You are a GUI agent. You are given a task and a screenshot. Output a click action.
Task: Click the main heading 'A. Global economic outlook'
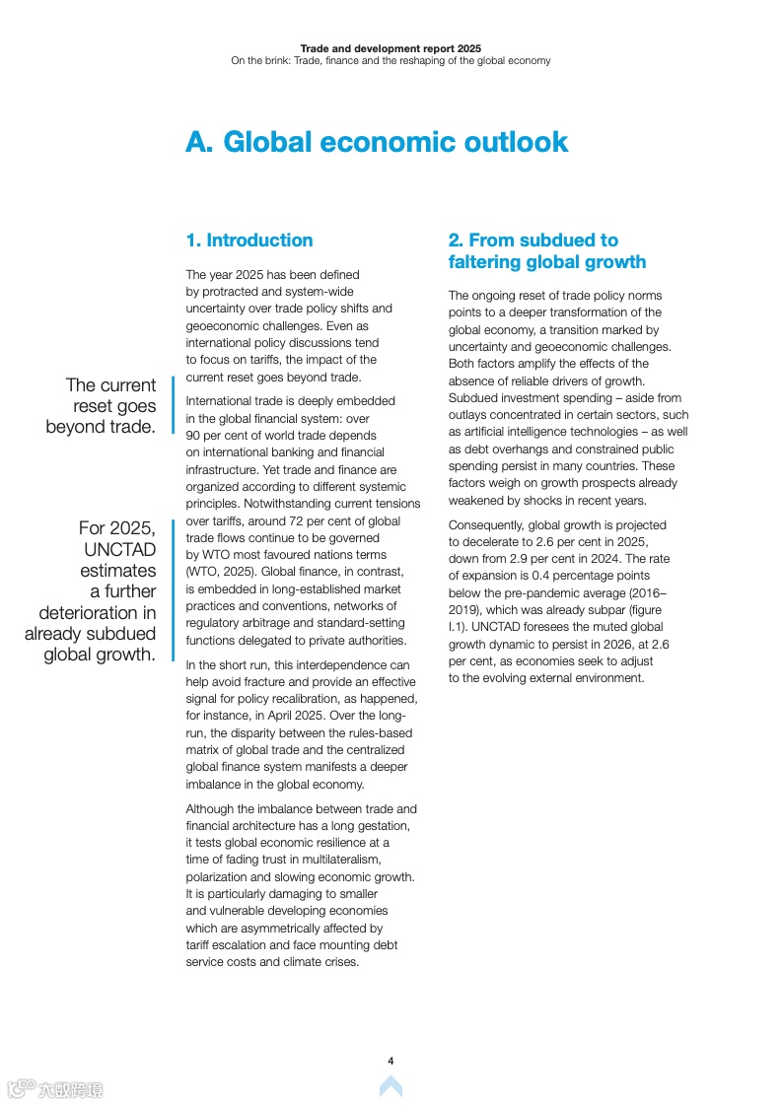pos(377,142)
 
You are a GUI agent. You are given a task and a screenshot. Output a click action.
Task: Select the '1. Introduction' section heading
pos(249,241)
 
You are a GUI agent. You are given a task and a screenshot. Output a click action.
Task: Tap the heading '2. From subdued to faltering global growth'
pos(546,251)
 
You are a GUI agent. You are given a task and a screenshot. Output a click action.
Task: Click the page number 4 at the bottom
pos(391,1061)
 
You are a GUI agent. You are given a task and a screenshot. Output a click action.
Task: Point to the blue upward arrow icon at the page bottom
pos(391,1086)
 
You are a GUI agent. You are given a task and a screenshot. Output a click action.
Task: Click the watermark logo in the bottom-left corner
pos(55,1089)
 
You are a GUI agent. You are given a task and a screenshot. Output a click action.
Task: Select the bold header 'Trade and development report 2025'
pos(391,47)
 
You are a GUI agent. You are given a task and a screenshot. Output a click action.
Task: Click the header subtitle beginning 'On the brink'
pos(391,60)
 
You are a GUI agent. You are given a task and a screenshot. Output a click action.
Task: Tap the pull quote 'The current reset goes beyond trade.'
pos(103,405)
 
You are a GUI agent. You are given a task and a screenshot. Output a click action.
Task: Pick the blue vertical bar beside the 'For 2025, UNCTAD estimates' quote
pos(173,577)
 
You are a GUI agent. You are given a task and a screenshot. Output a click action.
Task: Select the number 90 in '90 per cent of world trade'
pos(193,435)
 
